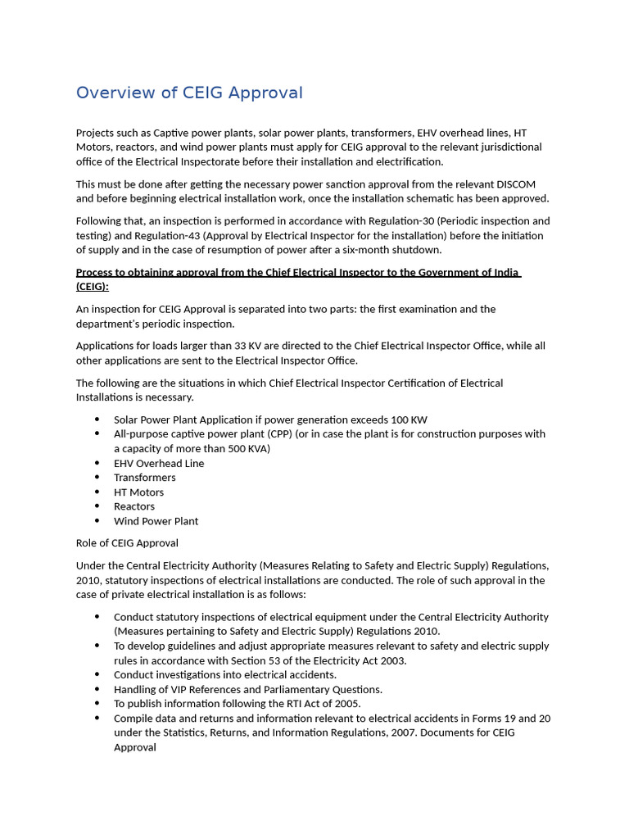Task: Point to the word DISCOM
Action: (x=516, y=184)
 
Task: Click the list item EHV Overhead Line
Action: (x=159, y=463)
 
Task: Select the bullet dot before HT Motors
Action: (x=97, y=492)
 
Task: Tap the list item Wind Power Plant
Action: (x=156, y=521)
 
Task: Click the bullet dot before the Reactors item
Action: (x=97, y=506)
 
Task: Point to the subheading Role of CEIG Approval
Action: (x=127, y=543)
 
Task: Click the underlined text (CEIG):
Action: (x=93, y=287)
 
